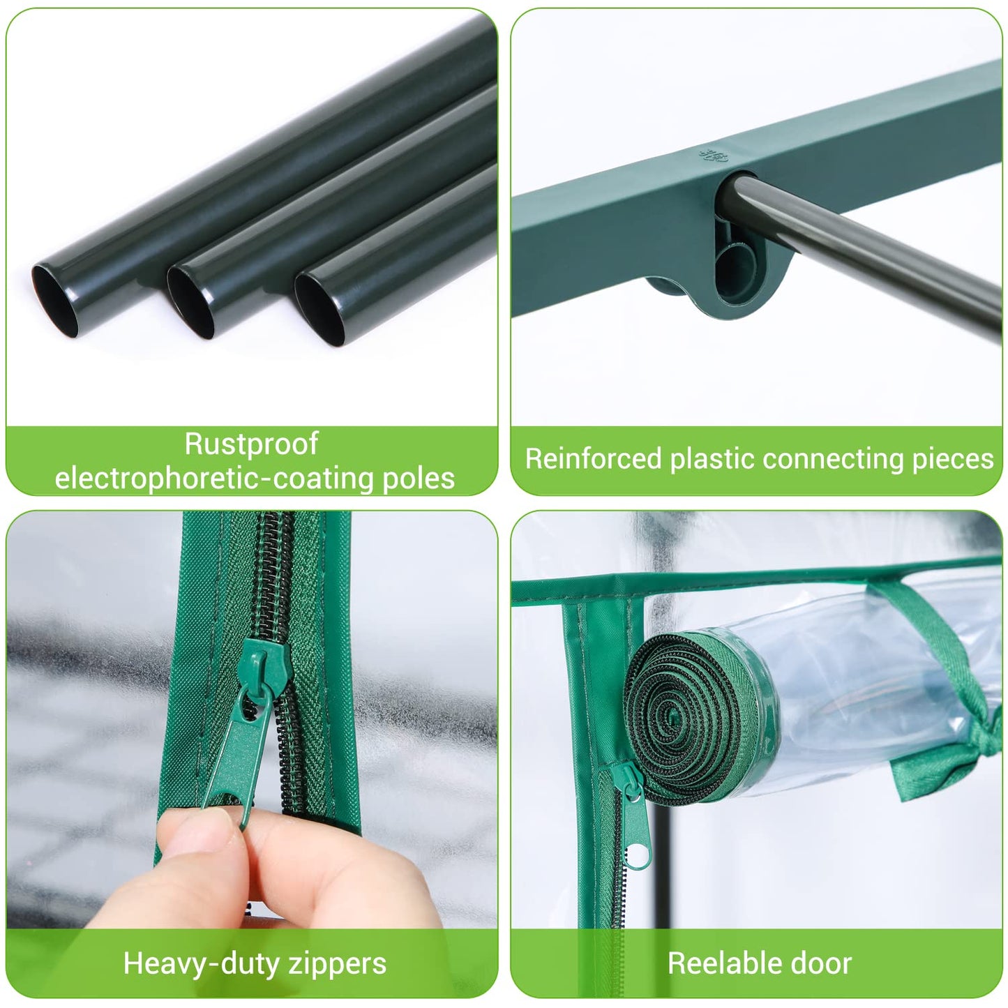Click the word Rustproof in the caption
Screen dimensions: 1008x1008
pos(251,444)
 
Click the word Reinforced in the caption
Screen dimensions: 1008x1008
pos(593,459)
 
